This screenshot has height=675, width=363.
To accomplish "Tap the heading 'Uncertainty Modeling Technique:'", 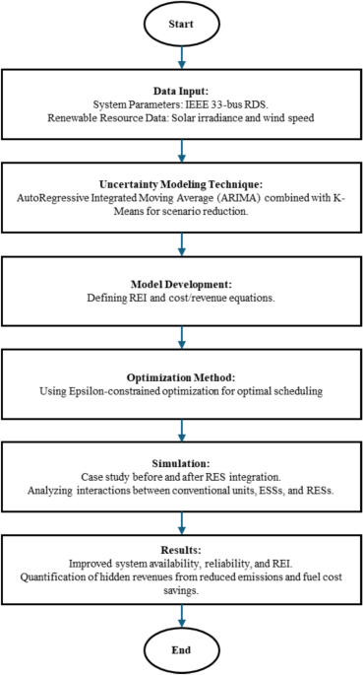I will (181, 185).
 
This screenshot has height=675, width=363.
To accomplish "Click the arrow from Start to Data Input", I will (181, 57).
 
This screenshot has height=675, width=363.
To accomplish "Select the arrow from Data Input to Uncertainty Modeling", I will (181, 149).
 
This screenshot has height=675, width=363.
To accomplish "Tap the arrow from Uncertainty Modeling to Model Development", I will (181, 243).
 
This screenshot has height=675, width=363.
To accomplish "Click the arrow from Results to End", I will (181, 613).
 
